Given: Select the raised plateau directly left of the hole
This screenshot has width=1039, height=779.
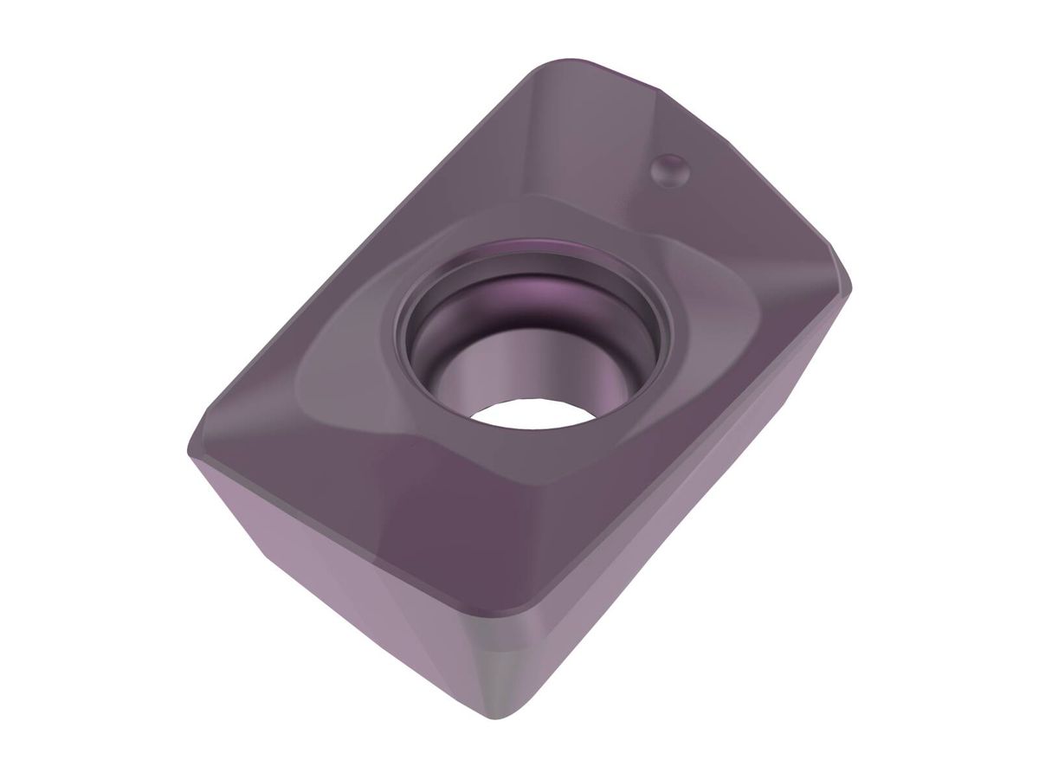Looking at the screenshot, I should click(346, 364).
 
